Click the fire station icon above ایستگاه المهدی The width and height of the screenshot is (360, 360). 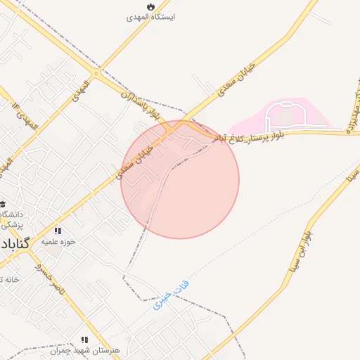coord(149,6)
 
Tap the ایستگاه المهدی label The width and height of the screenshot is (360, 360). coord(149,15)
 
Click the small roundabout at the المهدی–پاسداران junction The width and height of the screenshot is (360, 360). coord(96,72)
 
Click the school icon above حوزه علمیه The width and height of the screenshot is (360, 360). coord(58,230)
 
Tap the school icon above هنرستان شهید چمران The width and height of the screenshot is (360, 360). coord(85,340)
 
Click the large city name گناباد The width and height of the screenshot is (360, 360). coord(14,245)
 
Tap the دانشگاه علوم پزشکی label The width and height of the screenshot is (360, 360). coord(11,219)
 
